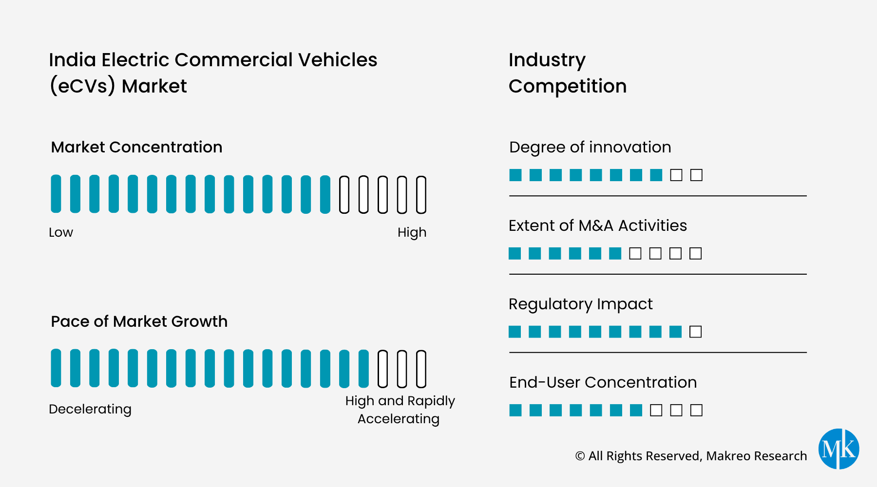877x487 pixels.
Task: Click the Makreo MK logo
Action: pyautogui.click(x=839, y=449)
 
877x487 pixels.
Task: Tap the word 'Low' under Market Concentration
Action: pyautogui.click(x=61, y=232)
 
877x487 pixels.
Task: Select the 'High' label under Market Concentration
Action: pyautogui.click(x=412, y=232)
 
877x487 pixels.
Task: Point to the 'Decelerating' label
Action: pyautogui.click(x=90, y=409)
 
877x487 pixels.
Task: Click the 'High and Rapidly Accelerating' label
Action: pyautogui.click(x=400, y=410)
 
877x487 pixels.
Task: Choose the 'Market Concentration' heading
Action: pyautogui.click(x=136, y=147)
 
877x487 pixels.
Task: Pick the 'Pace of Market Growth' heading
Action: pyautogui.click(x=139, y=321)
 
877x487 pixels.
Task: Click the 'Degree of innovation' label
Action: pyautogui.click(x=590, y=147)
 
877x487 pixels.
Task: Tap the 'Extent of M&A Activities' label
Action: pyautogui.click(x=598, y=225)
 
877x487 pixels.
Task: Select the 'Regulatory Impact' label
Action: pyautogui.click(x=580, y=304)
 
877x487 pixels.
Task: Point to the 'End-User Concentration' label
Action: pyautogui.click(x=603, y=382)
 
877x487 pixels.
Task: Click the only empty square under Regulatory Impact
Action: pyautogui.click(x=696, y=332)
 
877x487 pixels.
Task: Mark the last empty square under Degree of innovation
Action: pyautogui.click(x=697, y=175)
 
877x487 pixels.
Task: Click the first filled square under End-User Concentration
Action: pyautogui.click(x=515, y=410)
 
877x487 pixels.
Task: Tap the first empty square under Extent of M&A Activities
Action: pyautogui.click(x=635, y=253)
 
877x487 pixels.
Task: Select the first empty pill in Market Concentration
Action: pyautogui.click(x=344, y=195)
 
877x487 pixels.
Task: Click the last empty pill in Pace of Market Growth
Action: pyautogui.click(x=421, y=369)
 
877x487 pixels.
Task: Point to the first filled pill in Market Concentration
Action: pyautogui.click(x=56, y=194)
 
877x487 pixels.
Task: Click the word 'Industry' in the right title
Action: pyautogui.click(x=547, y=60)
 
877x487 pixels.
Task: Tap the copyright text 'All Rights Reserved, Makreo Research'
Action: pyautogui.click(x=697, y=456)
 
